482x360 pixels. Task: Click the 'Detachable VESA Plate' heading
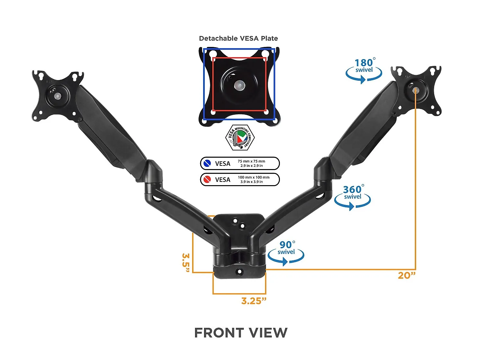pyautogui.click(x=238, y=39)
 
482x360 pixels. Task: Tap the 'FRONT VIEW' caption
pyautogui.click(x=241, y=333)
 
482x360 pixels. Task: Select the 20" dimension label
pyautogui.click(x=407, y=275)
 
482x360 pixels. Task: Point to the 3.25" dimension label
pyautogui.click(x=254, y=301)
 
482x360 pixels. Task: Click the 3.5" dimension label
pyautogui.click(x=186, y=263)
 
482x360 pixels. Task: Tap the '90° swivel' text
pyautogui.click(x=287, y=247)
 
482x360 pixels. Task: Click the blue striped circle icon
pyautogui.click(x=207, y=163)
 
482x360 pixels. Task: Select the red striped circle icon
pyautogui.click(x=207, y=179)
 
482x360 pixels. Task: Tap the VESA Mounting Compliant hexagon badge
pyautogui.click(x=240, y=138)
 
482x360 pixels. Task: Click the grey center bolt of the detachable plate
pyautogui.click(x=239, y=85)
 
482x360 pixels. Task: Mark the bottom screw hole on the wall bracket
pyautogui.click(x=240, y=272)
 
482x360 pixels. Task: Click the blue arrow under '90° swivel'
pyautogui.click(x=286, y=258)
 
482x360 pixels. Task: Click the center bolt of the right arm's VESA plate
pyautogui.click(x=415, y=90)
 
